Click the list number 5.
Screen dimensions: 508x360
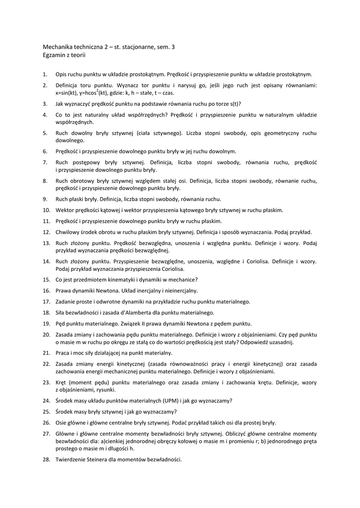45,133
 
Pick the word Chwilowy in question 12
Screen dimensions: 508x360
68,232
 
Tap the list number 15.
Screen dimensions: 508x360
46,279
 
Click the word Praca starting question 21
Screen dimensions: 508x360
63,353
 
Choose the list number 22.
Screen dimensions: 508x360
46,364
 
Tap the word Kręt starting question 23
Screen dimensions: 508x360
62,382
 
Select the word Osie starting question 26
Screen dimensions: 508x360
62,423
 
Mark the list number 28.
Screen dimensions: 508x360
46,459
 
